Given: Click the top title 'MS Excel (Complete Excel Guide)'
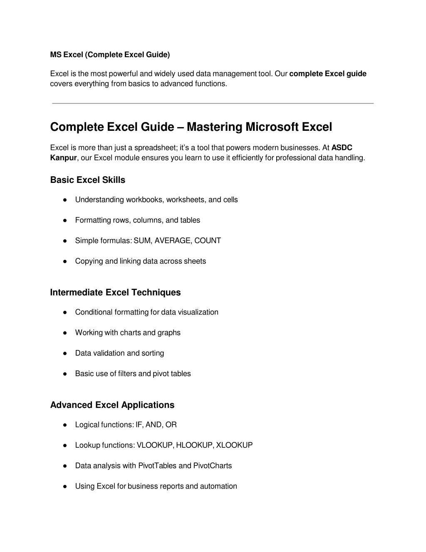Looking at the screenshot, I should [x=110, y=55].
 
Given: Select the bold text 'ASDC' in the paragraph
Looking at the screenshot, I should [x=342, y=147].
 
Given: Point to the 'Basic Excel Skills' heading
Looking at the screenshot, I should [x=87, y=180].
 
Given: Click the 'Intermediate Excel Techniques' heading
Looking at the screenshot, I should [x=115, y=292].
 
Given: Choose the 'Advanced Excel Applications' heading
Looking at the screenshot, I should [x=112, y=405].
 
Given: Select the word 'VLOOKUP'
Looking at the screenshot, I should [x=155, y=445].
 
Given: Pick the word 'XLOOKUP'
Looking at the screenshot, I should [x=234, y=445].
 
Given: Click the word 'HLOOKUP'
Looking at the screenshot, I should [x=194, y=445].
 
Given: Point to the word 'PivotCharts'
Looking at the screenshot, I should [x=212, y=466].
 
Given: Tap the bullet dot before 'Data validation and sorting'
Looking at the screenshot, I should [x=65, y=353].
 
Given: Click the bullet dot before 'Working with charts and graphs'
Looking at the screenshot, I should [x=65, y=333].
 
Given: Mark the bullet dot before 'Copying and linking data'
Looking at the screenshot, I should [x=65, y=262].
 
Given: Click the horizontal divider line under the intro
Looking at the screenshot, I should [x=213, y=103].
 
